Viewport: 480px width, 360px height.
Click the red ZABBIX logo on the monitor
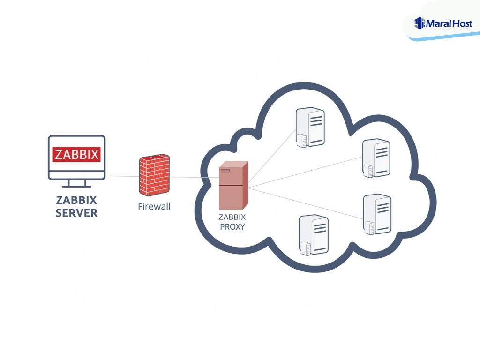(x=77, y=154)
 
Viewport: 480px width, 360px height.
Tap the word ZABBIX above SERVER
(x=76, y=200)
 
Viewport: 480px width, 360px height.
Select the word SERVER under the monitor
(x=76, y=213)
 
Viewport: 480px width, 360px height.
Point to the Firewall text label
(x=154, y=206)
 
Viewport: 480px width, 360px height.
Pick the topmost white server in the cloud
(x=310, y=127)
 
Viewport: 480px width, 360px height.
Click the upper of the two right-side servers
(x=376, y=157)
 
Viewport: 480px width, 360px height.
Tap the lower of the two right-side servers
(x=376, y=213)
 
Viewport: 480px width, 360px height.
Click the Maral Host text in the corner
(x=450, y=22)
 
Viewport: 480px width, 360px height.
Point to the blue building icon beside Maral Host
(x=420, y=22)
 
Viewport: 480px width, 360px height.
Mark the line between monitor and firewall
(x=124, y=176)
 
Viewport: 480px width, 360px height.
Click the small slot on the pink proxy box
(x=225, y=170)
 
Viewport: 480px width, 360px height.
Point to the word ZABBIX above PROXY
(x=232, y=217)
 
